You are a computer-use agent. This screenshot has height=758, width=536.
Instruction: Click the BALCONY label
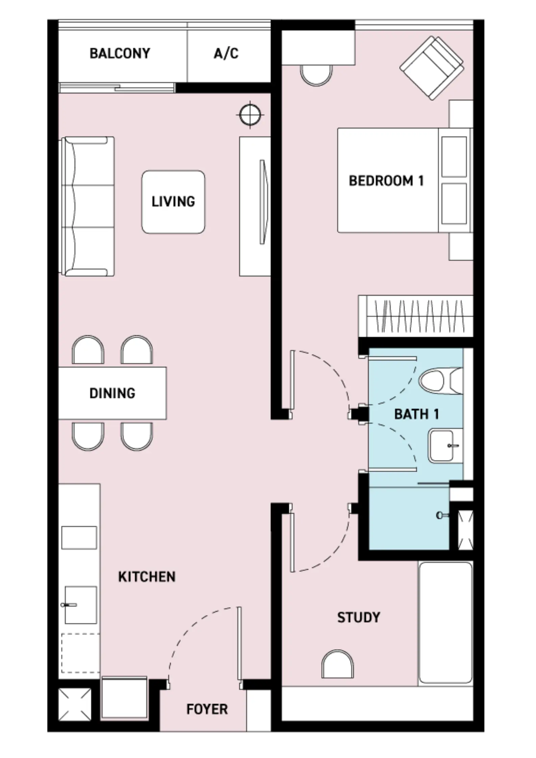(120, 53)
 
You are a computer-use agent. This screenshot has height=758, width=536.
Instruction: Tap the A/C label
(226, 53)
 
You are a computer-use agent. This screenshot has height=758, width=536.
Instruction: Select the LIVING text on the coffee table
(173, 202)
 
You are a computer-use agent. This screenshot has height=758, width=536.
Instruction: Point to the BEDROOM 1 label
(386, 181)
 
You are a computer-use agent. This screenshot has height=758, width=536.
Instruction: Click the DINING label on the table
(112, 393)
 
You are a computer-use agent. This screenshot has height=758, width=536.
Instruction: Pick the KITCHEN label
(147, 577)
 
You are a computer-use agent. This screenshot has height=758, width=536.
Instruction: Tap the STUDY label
(359, 618)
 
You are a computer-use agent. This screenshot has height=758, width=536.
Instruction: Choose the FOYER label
(207, 709)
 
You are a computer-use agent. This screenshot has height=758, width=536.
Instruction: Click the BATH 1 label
(417, 414)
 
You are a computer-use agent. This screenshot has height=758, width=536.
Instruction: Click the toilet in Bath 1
(441, 380)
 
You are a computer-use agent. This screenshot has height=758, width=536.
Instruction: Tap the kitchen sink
(80, 605)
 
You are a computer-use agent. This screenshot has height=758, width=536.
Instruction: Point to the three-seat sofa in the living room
(87, 206)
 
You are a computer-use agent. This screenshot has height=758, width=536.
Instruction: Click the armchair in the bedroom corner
(431, 68)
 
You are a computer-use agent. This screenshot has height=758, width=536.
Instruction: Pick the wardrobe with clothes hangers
(416, 316)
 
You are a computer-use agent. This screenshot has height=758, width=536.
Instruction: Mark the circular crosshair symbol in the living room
(250, 115)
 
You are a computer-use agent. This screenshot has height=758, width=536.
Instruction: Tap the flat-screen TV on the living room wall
(264, 202)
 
